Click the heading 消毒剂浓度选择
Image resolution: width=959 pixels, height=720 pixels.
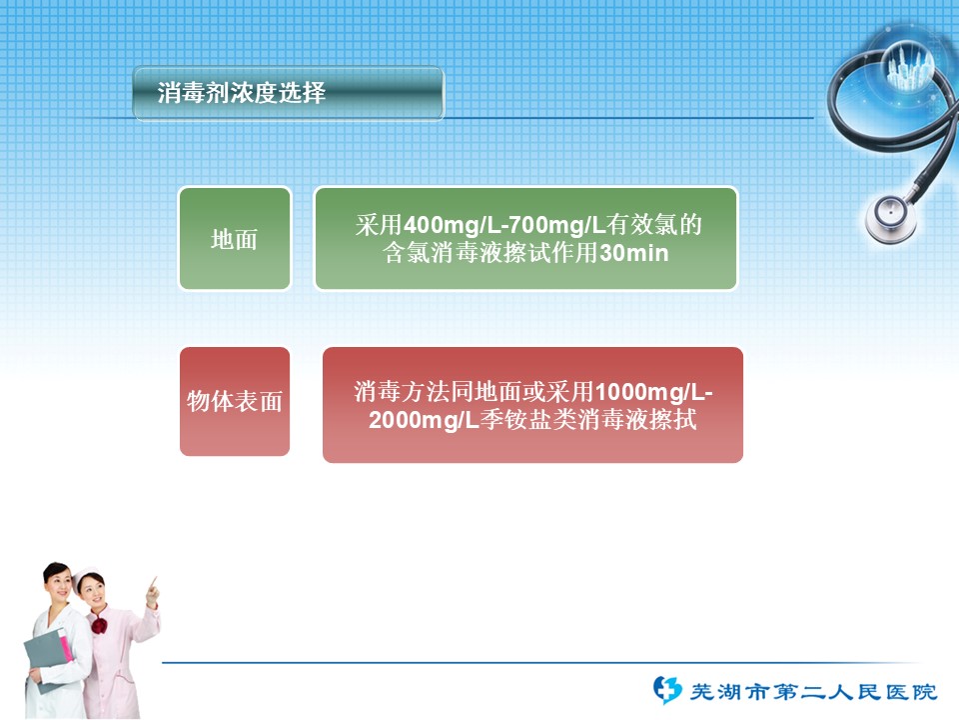click(x=241, y=92)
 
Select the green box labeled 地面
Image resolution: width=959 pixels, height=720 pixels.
click(x=234, y=238)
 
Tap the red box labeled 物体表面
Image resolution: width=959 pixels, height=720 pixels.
click(x=235, y=401)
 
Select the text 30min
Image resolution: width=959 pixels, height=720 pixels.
click(x=633, y=253)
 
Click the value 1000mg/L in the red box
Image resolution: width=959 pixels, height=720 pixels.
click(x=649, y=392)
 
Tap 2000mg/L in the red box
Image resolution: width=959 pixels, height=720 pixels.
click(x=424, y=420)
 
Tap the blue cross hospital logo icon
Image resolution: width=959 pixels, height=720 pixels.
click(x=666, y=690)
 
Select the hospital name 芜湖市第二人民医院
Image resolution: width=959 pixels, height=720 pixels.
click(x=813, y=692)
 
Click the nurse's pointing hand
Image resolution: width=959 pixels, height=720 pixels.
click(x=152, y=591)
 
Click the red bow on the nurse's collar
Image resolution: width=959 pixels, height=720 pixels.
click(x=99, y=625)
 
